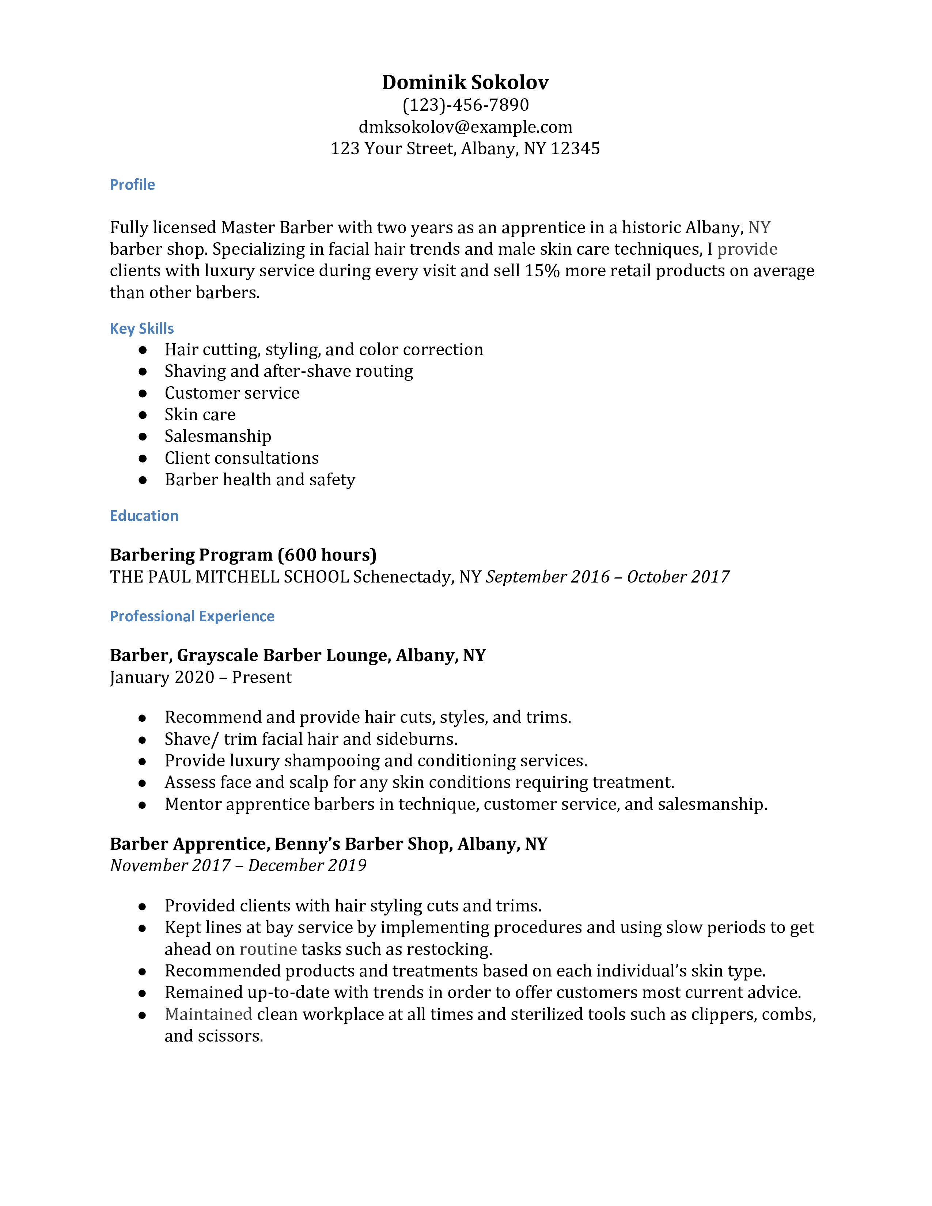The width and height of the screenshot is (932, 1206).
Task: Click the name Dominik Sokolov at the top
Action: [x=465, y=82]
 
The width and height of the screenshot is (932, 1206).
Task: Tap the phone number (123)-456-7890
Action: [x=465, y=105]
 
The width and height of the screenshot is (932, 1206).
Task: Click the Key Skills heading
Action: [x=141, y=329]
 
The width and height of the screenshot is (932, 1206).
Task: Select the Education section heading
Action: [x=144, y=516]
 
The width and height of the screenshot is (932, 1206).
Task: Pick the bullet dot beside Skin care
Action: [x=143, y=415]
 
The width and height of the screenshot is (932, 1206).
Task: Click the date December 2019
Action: [x=307, y=865]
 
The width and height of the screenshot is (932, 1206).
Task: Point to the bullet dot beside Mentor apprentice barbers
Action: [x=143, y=805]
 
